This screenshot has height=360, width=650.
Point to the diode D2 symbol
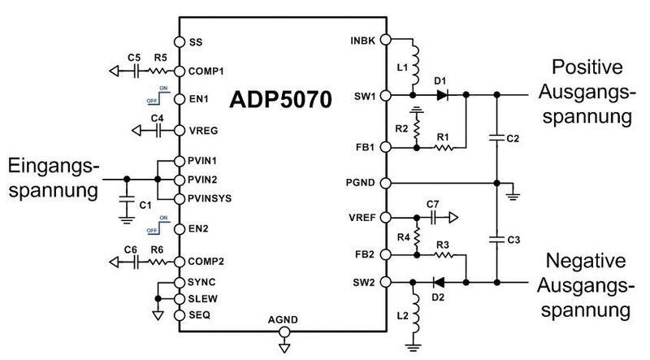[x=439, y=283]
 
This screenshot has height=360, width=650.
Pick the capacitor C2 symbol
[x=496, y=139]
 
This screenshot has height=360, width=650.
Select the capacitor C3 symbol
[x=496, y=240]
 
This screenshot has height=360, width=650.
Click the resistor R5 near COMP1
[x=160, y=71]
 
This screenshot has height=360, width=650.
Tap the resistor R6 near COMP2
[x=160, y=261]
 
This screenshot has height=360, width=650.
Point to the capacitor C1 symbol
[x=126, y=200]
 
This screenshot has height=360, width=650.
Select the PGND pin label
[x=361, y=182]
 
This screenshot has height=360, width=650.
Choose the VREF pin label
[x=362, y=218]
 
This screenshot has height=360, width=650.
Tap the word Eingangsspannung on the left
[x=54, y=178]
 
